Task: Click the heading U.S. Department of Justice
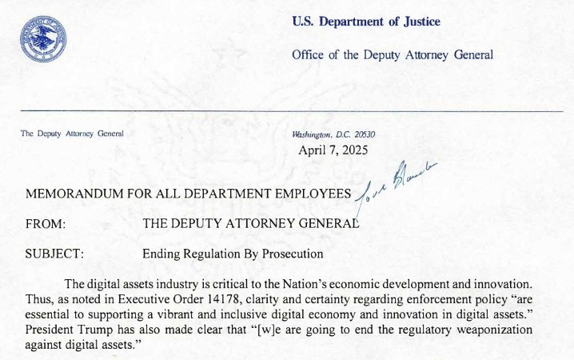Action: click(366, 22)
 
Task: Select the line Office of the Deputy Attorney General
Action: click(393, 54)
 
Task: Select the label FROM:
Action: click(45, 225)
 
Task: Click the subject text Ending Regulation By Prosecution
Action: click(233, 254)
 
